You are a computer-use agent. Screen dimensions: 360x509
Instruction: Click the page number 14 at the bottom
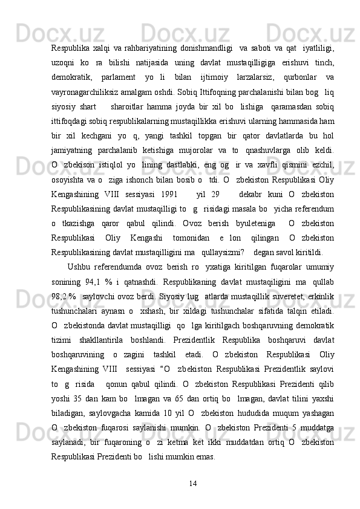click(x=194, y=484)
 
